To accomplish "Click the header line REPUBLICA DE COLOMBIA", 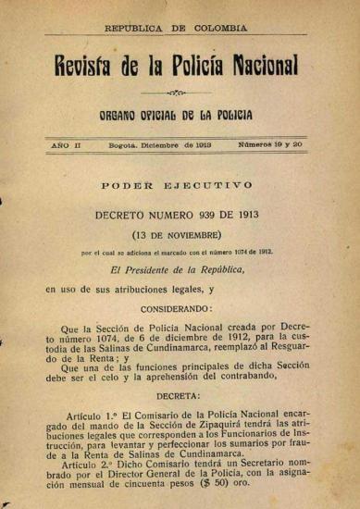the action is pos(179,29).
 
